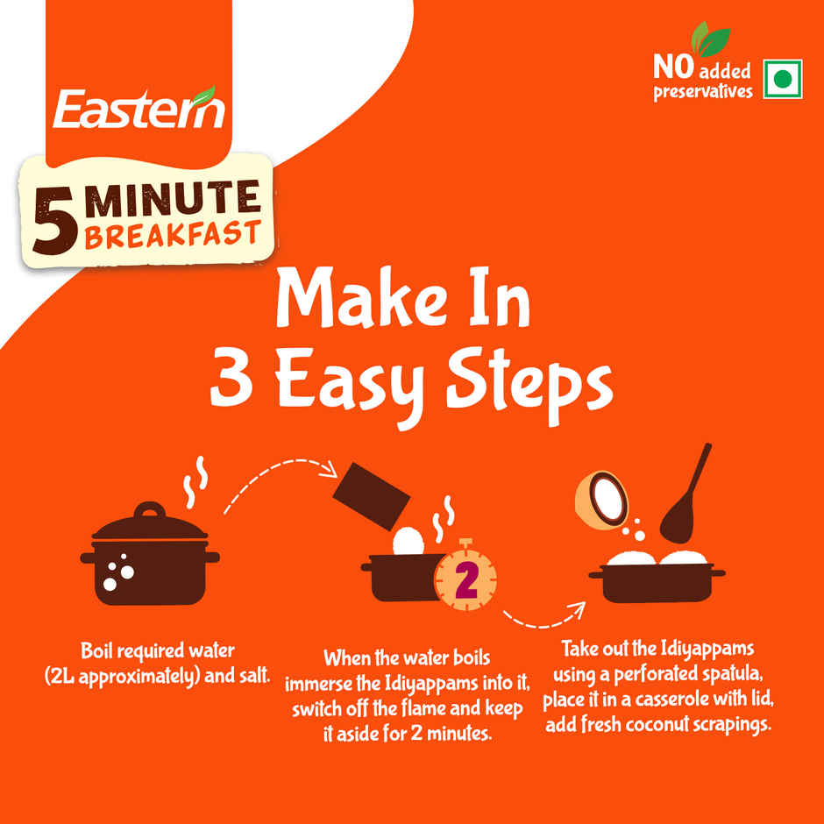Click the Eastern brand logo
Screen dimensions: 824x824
(139, 109)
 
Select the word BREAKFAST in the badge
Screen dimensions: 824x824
(173, 233)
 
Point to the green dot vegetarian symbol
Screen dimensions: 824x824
(783, 80)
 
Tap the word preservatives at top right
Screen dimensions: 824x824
(702, 91)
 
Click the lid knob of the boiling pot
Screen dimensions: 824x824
(150, 510)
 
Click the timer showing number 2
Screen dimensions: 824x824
(465, 580)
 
